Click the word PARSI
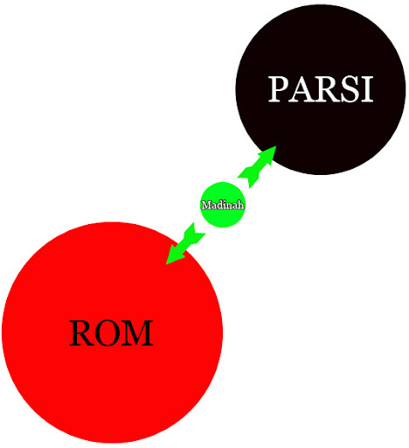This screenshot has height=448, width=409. pos(321,89)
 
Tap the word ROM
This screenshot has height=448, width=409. pos(111,332)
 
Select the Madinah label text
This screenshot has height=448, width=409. pos(223,205)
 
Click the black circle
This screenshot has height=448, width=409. pos(321,89)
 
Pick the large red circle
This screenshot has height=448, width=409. pos(113,332)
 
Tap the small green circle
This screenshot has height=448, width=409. pos(223,205)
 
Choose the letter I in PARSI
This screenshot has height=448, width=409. pos(367,89)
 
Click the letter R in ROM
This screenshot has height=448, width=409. pos(81,333)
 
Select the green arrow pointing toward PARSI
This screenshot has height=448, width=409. pos(257,167)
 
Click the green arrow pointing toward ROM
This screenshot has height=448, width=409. pos(185,243)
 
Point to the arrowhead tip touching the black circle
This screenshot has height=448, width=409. pos(276,146)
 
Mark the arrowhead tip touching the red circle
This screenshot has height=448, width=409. pos(166,264)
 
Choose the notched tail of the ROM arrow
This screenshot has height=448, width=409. pos(198,232)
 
